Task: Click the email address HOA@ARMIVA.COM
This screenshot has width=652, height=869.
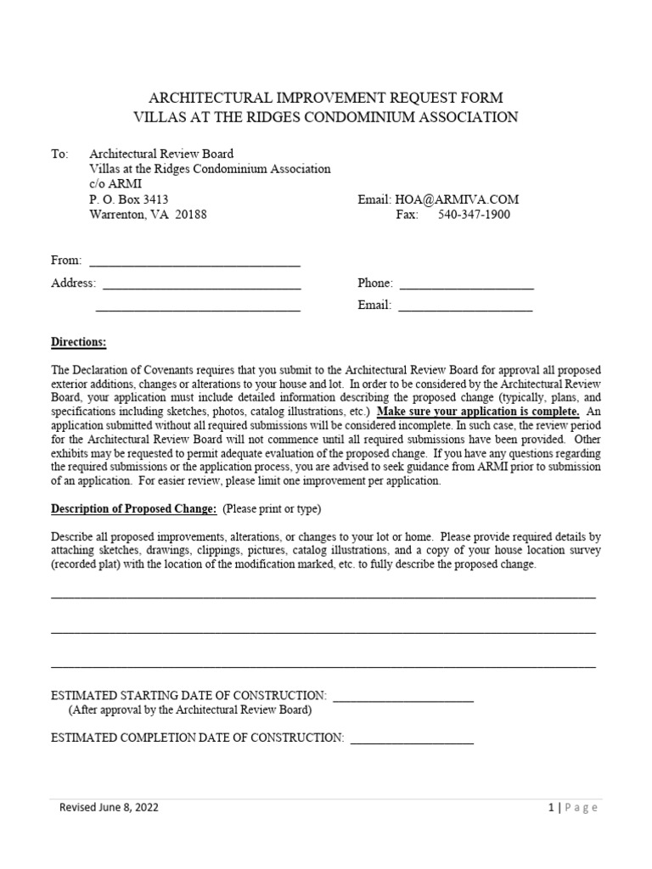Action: (x=457, y=199)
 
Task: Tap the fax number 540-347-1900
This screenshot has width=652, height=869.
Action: (x=474, y=215)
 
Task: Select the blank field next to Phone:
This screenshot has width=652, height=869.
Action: (x=466, y=283)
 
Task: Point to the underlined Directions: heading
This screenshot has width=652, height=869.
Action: (x=79, y=342)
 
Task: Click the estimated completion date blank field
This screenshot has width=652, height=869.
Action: (x=412, y=737)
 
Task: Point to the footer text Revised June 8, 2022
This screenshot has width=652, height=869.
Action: (x=109, y=808)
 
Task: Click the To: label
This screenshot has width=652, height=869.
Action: (x=59, y=154)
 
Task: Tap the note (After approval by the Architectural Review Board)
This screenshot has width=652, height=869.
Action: (x=190, y=709)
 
